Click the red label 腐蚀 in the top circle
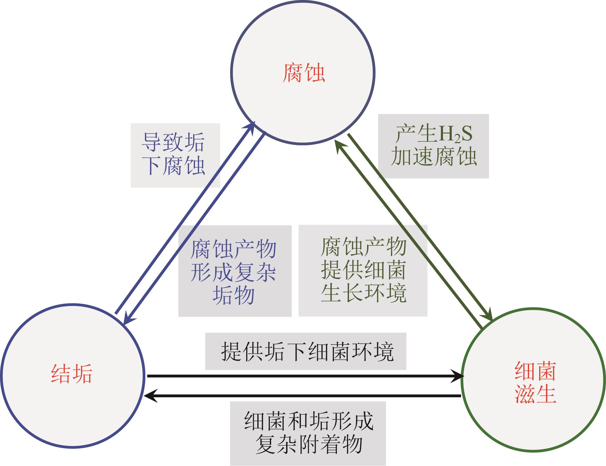click(x=303, y=73)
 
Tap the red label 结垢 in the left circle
click(x=72, y=373)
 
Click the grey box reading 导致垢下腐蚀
click(x=175, y=155)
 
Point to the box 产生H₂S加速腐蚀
click(x=433, y=146)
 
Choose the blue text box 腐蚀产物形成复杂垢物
click(x=234, y=271)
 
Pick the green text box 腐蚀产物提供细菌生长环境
click(x=363, y=270)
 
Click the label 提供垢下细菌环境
click(x=305, y=351)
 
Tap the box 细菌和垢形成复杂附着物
click(x=308, y=433)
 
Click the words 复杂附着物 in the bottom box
click(x=308, y=444)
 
